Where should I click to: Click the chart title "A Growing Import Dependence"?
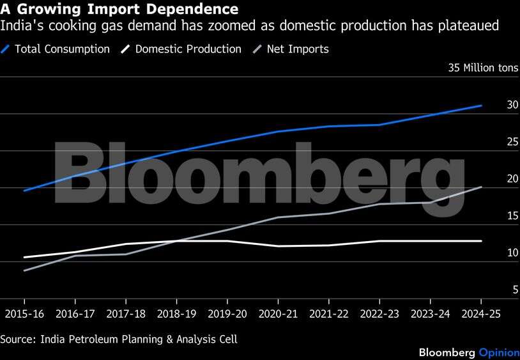[119, 10]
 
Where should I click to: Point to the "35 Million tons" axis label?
[484, 67]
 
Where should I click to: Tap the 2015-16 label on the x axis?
[24, 314]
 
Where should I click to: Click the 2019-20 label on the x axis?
[227, 314]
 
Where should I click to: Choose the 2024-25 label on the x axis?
[481, 314]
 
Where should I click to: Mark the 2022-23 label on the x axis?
[379, 314]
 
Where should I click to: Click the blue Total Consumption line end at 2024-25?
[481, 106]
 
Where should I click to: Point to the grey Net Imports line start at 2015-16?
[24, 270]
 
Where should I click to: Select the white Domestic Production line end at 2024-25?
[481, 241]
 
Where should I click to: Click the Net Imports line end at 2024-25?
[481, 187]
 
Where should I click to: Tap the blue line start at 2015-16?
[24, 191]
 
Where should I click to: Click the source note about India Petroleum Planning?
[118, 340]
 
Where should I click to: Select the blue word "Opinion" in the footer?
[496, 352]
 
